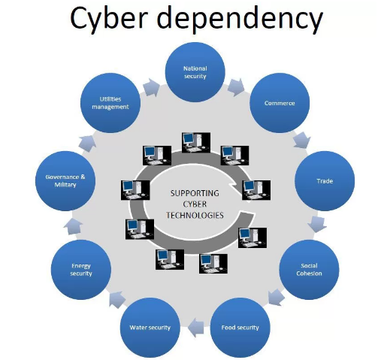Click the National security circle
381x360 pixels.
click(x=195, y=73)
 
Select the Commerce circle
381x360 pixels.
click(x=280, y=103)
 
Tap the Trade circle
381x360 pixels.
click(x=325, y=181)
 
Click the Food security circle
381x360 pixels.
click(x=240, y=327)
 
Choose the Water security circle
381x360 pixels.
click(x=150, y=327)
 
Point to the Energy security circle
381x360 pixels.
click(x=80, y=270)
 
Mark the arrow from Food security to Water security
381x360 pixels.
click(x=195, y=325)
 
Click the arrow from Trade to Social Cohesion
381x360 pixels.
click(x=319, y=223)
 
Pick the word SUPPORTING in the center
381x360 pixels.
click(x=195, y=192)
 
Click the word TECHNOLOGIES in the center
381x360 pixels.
click(x=195, y=215)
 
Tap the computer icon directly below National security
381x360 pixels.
click(x=192, y=142)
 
